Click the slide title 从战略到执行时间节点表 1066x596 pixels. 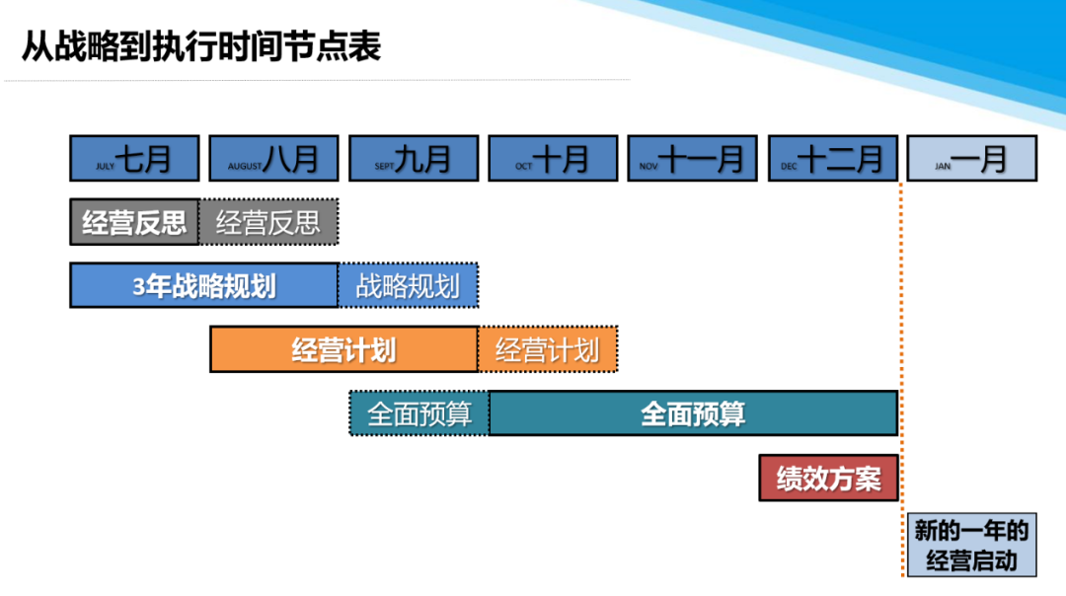(x=201, y=46)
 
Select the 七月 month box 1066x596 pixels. (x=134, y=158)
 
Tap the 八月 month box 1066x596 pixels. (x=274, y=158)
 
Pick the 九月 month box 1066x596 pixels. (x=414, y=158)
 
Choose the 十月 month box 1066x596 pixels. (x=553, y=158)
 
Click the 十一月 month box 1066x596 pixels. (x=692, y=158)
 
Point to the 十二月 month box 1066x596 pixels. (x=833, y=158)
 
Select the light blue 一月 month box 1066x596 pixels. (x=972, y=158)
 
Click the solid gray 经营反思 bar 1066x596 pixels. (x=134, y=222)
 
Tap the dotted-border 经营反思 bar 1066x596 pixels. (x=268, y=222)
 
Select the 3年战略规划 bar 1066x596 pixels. (x=204, y=285)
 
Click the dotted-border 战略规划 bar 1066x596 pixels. (x=409, y=285)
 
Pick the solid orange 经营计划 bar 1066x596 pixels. (x=344, y=349)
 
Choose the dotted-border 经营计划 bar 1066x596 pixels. (x=548, y=349)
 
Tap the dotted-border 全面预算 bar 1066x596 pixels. (x=419, y=413)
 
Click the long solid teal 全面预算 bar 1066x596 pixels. (x=693, y=413)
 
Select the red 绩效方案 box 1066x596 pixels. (x=829, y=479)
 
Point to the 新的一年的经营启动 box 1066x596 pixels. (x=972, y=546)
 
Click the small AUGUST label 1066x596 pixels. (x=245, y=167)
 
